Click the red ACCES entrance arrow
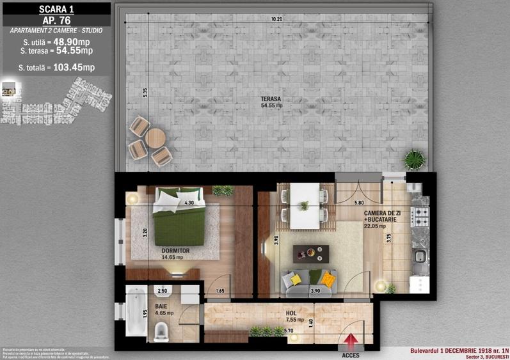click(x=349, y=341)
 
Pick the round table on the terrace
click(x=155, y=137)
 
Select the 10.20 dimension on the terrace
click(x=276, y=20)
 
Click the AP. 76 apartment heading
click(x=56, y=20)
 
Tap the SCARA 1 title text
click(x=56, y=8)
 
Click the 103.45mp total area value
click(x=74, y=67)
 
